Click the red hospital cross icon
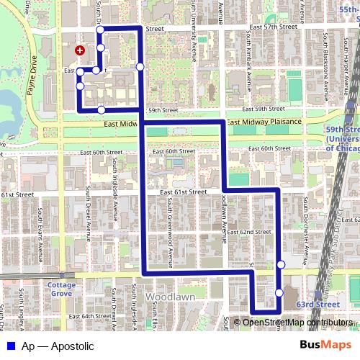[x=79, y=51]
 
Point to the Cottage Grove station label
[x=61, y=289]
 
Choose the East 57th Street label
[x=274, y=27]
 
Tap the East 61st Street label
[x=183, y=192]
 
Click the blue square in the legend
[x=12, y=346]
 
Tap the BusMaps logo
[x=326, y=346]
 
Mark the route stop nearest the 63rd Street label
[x=279, y=292]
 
